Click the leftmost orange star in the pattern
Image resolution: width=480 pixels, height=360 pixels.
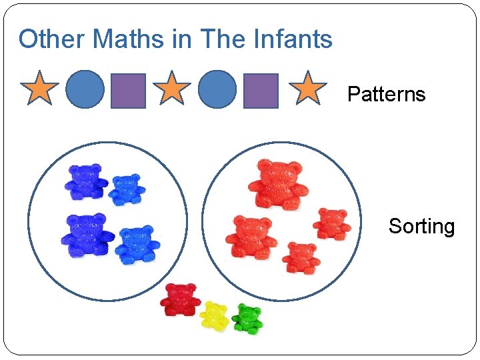coord(40,89)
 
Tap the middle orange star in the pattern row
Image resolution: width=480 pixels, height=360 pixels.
coord(172,89)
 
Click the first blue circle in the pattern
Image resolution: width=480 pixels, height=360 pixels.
coord(85,90)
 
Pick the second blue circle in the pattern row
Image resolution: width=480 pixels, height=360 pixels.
coord(217,90)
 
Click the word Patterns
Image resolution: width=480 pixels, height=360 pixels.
coord(386,94)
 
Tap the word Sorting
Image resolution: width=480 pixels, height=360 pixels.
coord(421,227)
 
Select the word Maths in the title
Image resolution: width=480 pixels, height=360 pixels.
coord(129,39)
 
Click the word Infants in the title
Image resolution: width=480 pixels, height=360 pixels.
coord(293,39)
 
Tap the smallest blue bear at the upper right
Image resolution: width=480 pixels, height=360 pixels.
coord(127,189)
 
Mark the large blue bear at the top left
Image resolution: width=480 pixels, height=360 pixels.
coord(85,181)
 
